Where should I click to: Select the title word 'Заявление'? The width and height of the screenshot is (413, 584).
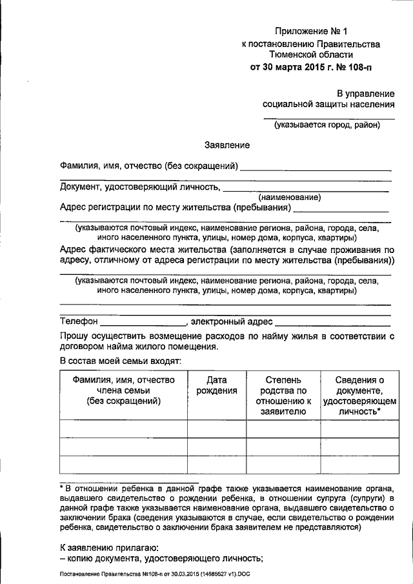tap(227, 146)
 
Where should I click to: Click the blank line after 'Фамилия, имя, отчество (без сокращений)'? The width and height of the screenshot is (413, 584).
tap(316, 169)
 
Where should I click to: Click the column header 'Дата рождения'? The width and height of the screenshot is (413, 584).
tap(217, 386)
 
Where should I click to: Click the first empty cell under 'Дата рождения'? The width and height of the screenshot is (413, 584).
tap(217, 429)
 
